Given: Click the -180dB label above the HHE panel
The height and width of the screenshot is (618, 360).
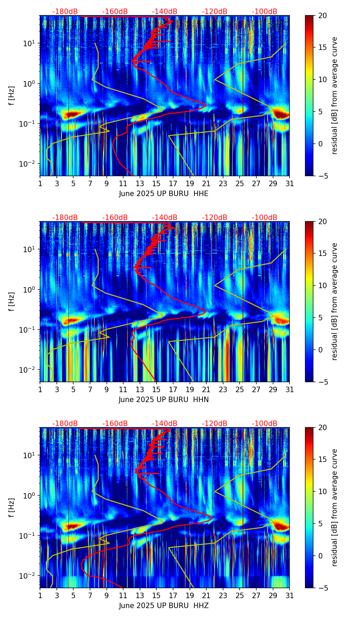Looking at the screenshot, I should click(x=65, y=12).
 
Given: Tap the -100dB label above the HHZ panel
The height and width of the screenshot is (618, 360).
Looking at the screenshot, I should click(x=265, y=424).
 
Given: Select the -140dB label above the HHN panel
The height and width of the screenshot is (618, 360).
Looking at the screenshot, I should click(x=165, y=218).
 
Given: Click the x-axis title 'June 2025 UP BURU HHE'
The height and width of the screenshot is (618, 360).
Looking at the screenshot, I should click(x=164, y=194).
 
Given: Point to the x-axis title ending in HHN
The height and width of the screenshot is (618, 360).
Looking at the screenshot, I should click(x=164, y=400).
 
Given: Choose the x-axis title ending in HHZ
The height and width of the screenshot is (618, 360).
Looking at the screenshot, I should click(x=164, y=606).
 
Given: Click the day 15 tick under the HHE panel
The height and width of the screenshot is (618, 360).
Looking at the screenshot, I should click(x=156, y=183).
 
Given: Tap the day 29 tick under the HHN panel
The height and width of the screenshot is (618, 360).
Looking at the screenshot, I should click(x=273, y=389).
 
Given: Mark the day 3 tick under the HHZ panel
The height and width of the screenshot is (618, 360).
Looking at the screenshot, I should click(x=57, y=595).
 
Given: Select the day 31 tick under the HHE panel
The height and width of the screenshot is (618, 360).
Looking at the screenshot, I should click(x=290, y=183).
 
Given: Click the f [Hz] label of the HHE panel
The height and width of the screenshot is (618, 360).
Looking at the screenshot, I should click(x=11, y=96).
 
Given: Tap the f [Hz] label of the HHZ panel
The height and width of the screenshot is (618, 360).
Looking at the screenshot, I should click(x=11, y=508).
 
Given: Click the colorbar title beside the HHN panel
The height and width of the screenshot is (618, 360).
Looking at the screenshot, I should click(x=335, y=301).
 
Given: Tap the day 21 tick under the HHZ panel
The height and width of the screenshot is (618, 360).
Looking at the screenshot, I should click(x=206, y=595).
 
